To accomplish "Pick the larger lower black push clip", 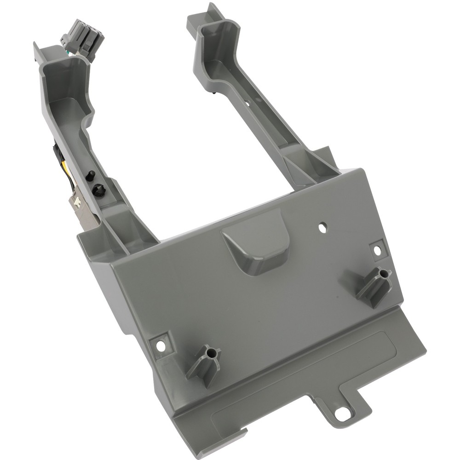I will [98, 189].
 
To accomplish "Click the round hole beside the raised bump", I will [322, 227].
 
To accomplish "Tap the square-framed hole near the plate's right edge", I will [377, 250].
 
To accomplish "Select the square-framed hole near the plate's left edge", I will [161, 344].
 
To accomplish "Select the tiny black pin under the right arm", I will [215, 93].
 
